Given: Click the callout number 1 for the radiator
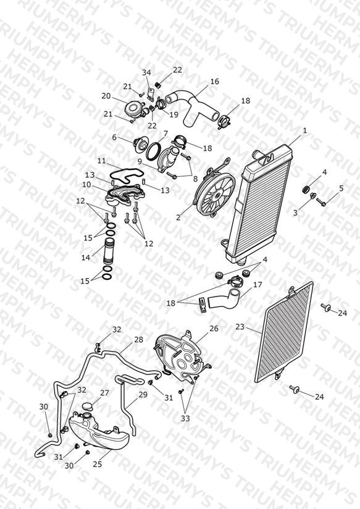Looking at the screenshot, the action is [x=305, y=131].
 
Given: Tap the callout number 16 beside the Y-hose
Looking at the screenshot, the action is [x=214, y=81].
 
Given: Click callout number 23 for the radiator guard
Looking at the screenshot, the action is [x=240, y=327].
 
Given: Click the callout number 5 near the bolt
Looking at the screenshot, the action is [x=341, y=188].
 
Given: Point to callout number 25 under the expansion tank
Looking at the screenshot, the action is [x=98, y=465].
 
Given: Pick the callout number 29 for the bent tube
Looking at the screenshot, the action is [x=143, y=395].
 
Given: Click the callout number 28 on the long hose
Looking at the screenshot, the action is [x=138, y=340].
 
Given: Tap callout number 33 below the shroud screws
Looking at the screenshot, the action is [x=185, y=418].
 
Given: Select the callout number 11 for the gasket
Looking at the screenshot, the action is [x=102, y=161].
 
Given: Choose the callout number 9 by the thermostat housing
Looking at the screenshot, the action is [x=140, y=161].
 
